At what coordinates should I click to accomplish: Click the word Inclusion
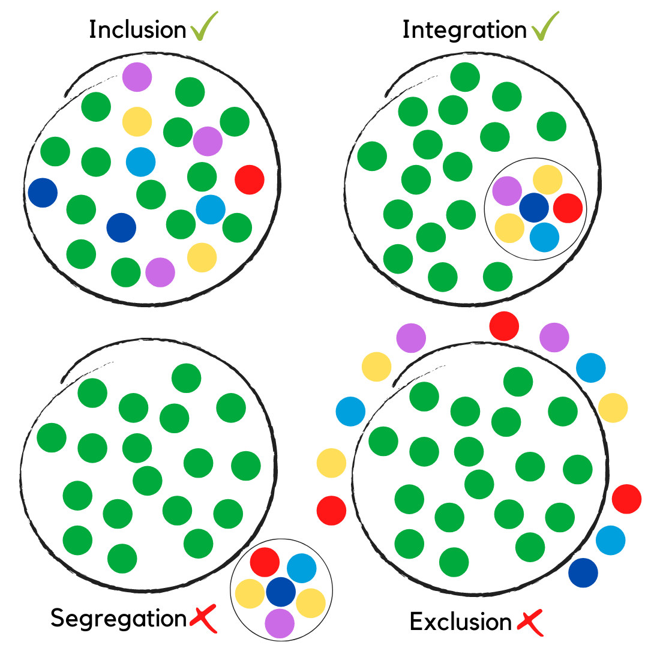(137, 29)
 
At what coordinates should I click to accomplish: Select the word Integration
(464, 29)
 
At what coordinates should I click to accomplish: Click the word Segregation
(118, 618)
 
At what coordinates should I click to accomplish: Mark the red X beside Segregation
(203, 620)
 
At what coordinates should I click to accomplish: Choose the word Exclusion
(460, 622)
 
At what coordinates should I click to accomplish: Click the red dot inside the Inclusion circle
(250, 179)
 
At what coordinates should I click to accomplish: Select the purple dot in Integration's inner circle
(507, 191)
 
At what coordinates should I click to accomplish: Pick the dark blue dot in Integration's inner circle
(534, 207)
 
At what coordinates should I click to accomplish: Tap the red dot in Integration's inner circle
(568, 208)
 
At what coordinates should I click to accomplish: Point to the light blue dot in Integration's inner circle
(544, 236)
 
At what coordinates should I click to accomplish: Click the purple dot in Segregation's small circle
(280, 623)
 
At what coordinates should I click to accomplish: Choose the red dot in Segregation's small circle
(265, 562)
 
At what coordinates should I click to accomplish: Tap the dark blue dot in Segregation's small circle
(281, 591)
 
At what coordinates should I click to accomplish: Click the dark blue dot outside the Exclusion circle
(583, 572)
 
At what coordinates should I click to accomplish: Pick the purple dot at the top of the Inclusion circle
(137, 77)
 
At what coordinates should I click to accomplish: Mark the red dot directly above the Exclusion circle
(504, 326)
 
